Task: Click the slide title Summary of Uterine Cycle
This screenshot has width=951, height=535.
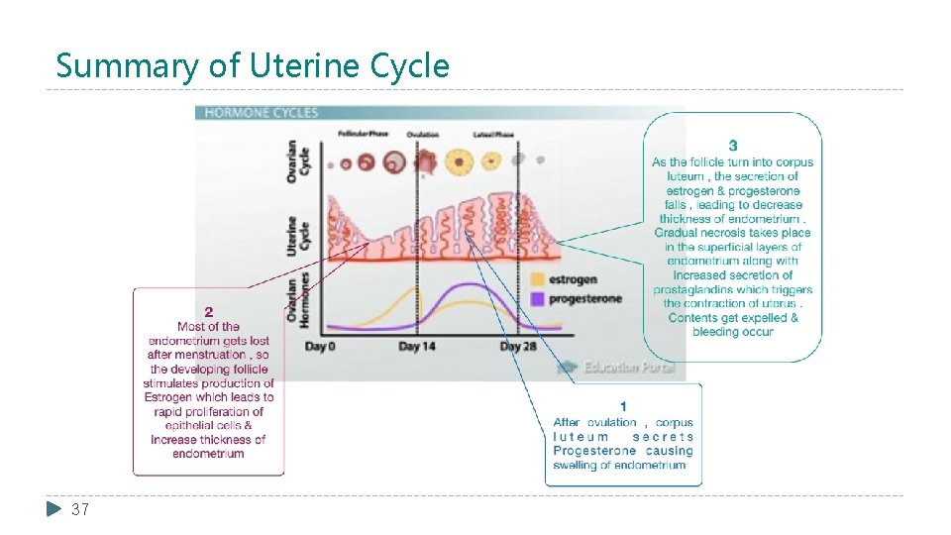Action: click(253, 65)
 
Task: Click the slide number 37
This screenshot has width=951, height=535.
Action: click(80, 509)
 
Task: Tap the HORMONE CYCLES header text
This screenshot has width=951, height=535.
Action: click(262, 113)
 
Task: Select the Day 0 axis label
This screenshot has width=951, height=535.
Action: click(320, 347)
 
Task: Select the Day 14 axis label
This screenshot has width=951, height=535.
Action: click(416, 347)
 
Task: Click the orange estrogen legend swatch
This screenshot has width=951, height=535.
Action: click(538, 280)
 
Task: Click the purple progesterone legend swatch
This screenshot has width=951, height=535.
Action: click(538, 298)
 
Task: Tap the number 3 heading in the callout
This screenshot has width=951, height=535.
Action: click(732, 146)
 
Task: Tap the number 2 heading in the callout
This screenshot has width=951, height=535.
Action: click(208, 311)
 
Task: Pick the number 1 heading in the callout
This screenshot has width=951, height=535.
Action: click(623, 406)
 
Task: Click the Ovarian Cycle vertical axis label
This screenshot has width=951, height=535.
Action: click(293, 159)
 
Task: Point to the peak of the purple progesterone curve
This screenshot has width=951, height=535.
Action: click(473, 285)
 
